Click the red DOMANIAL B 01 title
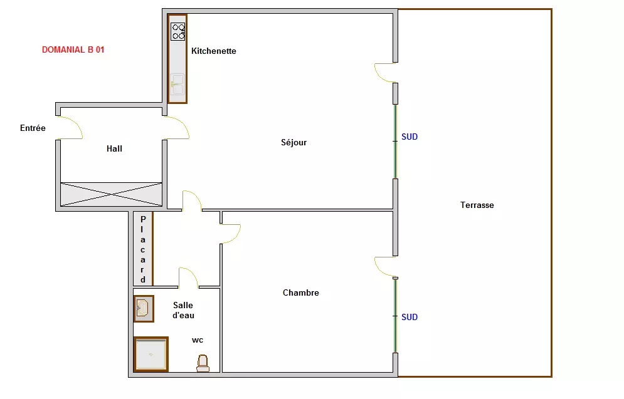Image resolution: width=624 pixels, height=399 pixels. [x=73, y=49]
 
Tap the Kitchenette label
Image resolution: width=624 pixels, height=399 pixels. [x=214, y=51]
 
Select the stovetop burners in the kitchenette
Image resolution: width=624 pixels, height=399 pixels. [x=178, y=32]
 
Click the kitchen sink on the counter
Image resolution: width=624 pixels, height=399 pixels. [x=177, y=85]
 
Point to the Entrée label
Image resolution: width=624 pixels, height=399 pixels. [x=33, y=128]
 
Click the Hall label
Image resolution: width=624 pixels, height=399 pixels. [x=114, y=148]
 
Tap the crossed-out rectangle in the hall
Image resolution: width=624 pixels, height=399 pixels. [x=111, y=194]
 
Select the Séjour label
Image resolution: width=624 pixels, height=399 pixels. [x=293, y=142]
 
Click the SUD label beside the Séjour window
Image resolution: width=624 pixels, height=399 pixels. [x=410, y=137]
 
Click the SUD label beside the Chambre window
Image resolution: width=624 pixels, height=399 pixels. [x=410, y=317]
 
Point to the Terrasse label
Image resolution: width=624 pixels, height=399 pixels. [x=477, y=205]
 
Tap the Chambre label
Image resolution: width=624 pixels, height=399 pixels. [x=301, y=293]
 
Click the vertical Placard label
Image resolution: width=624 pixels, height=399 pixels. [x=143, y=249]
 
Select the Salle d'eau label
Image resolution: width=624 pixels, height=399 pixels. [x=183, y=311]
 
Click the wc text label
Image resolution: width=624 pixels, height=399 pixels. [x=198, y=340]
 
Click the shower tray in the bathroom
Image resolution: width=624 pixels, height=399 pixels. [x=151, y=354]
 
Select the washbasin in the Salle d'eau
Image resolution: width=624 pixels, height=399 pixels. [x=144, y=308]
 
